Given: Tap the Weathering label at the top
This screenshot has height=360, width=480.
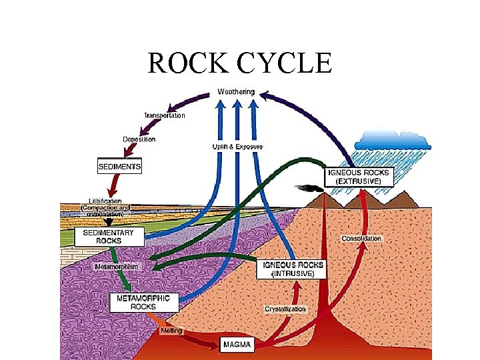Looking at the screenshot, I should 236,91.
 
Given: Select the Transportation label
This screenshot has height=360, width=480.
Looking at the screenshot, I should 165,115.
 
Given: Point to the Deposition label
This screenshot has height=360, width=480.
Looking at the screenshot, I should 139,139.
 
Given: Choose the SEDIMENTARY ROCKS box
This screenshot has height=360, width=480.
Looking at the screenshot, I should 113,237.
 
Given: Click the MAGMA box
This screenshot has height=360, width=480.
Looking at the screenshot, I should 238,345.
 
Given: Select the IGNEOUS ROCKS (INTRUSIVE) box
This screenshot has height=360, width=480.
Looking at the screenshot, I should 293,269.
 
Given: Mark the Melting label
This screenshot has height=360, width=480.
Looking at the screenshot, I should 171,331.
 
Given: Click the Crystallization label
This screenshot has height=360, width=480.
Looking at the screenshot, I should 285,309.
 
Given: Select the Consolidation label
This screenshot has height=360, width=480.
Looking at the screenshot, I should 362,238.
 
